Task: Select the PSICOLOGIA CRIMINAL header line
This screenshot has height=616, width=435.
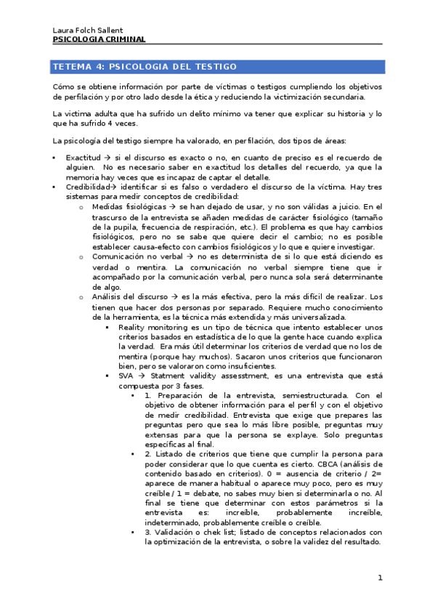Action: click(99, 39)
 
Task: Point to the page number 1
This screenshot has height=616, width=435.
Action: click(379, 578)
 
